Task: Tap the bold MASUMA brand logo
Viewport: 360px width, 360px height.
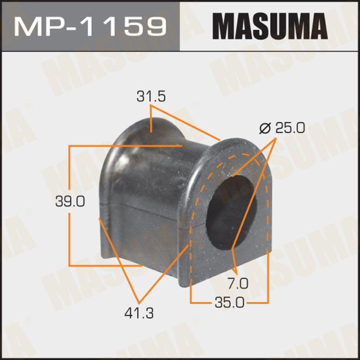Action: tap(270, 26)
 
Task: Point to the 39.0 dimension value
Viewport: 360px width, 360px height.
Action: tap(69, 202)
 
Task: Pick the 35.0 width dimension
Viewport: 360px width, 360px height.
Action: tap(229, 302)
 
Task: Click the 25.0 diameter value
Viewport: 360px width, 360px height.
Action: tap(290, 128)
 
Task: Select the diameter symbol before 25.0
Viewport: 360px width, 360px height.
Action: tap(265, 129)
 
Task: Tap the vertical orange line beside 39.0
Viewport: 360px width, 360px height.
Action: tap(69, 175)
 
